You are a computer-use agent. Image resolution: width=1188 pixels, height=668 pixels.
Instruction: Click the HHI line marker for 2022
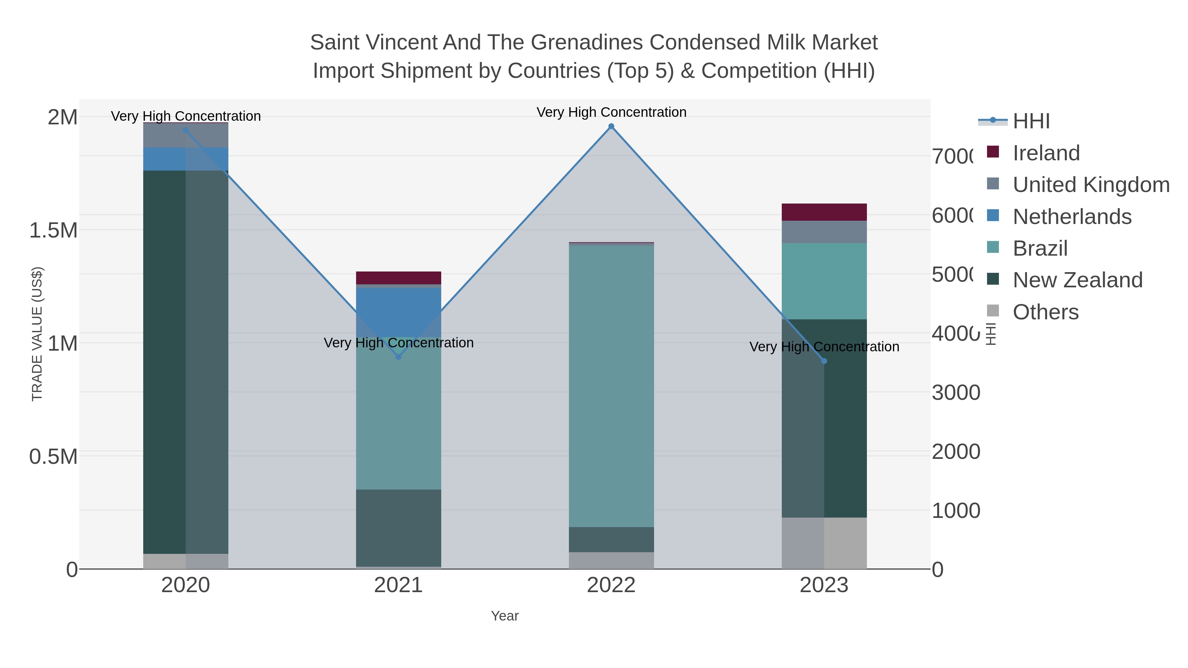(611, 126)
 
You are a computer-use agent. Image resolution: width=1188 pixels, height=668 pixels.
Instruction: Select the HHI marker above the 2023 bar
(824, 361)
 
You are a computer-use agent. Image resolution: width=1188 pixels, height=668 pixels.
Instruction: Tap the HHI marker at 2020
(186, 130)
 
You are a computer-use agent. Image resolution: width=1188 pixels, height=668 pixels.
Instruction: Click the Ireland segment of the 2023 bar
(824, 212)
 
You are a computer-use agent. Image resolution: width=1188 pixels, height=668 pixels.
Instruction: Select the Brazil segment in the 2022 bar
(611, 386)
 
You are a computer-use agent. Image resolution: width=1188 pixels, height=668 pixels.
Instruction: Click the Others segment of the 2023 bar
(824, 543)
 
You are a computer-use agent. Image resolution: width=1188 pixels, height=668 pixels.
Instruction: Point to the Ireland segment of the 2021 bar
(398, 278)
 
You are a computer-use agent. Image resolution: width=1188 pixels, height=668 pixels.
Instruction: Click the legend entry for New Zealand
(1077, 280)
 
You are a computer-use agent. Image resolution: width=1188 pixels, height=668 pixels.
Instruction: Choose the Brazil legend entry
(1040, 248)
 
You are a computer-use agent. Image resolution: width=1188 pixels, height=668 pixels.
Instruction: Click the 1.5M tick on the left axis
(53, 230)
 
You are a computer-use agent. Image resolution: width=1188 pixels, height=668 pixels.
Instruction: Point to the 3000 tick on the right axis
(956, 393)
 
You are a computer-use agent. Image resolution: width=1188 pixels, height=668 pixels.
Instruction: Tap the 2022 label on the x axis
(611, 585)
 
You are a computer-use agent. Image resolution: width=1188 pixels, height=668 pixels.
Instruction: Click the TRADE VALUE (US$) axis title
(37, 334)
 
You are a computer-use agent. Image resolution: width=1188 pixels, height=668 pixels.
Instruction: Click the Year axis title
(505, 616)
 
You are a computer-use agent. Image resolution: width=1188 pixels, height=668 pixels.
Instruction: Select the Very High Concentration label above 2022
(611, 112)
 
